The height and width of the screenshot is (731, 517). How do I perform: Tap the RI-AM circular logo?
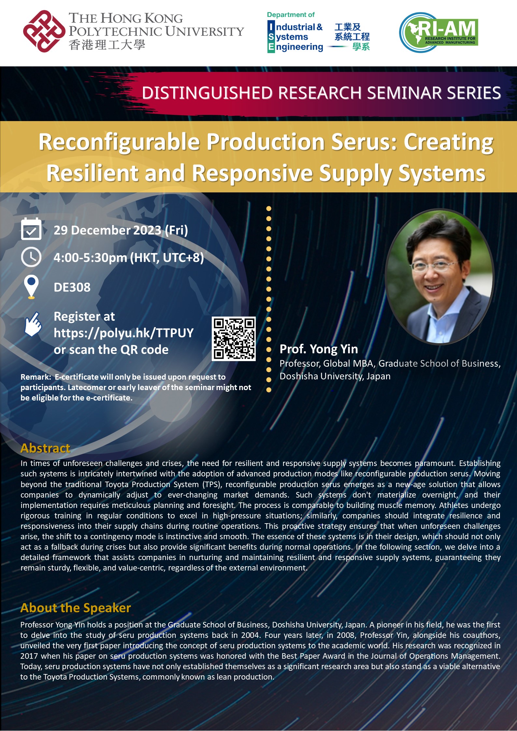438,33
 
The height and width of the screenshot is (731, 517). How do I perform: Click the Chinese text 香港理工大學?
107,45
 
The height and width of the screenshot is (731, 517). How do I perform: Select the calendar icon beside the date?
31,229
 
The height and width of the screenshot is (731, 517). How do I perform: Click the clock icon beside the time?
31,257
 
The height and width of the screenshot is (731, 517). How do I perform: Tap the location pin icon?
31,287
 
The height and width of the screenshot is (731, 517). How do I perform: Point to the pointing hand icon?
33,324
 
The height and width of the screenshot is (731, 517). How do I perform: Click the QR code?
234,339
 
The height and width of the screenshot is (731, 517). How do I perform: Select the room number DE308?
72,287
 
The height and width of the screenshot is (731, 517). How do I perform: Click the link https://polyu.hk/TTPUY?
123,333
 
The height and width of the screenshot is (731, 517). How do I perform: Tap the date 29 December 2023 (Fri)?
121,230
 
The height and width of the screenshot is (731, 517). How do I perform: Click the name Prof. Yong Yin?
319,349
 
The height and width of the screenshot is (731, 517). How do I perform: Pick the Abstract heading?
45,448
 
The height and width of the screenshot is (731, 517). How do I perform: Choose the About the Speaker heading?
76,608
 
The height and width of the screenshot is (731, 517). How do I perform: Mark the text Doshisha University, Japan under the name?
335,376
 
